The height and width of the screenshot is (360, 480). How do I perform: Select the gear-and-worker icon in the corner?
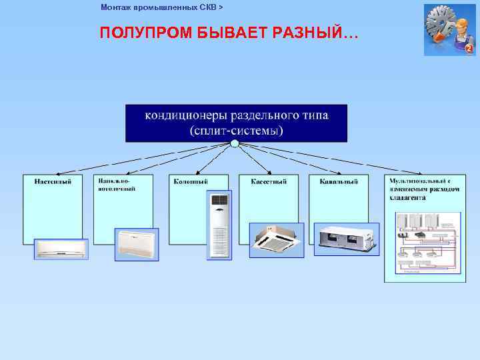pos(449,30)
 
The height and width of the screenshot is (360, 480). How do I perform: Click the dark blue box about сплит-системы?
pos(236,123)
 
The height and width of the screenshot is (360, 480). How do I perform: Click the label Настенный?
pos(49,181)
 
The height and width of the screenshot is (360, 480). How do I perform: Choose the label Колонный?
pos(191,181)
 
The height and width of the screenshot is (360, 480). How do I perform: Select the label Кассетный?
pos(269,181)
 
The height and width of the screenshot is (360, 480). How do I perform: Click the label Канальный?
pos(339,181)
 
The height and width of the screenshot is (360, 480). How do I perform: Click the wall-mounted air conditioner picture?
pos(61,249)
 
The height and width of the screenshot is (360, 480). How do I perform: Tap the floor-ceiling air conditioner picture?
pos(137,245)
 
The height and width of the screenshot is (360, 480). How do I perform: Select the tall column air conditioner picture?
pos(219,225)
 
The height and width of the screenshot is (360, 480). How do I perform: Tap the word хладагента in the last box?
pos(408,198)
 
